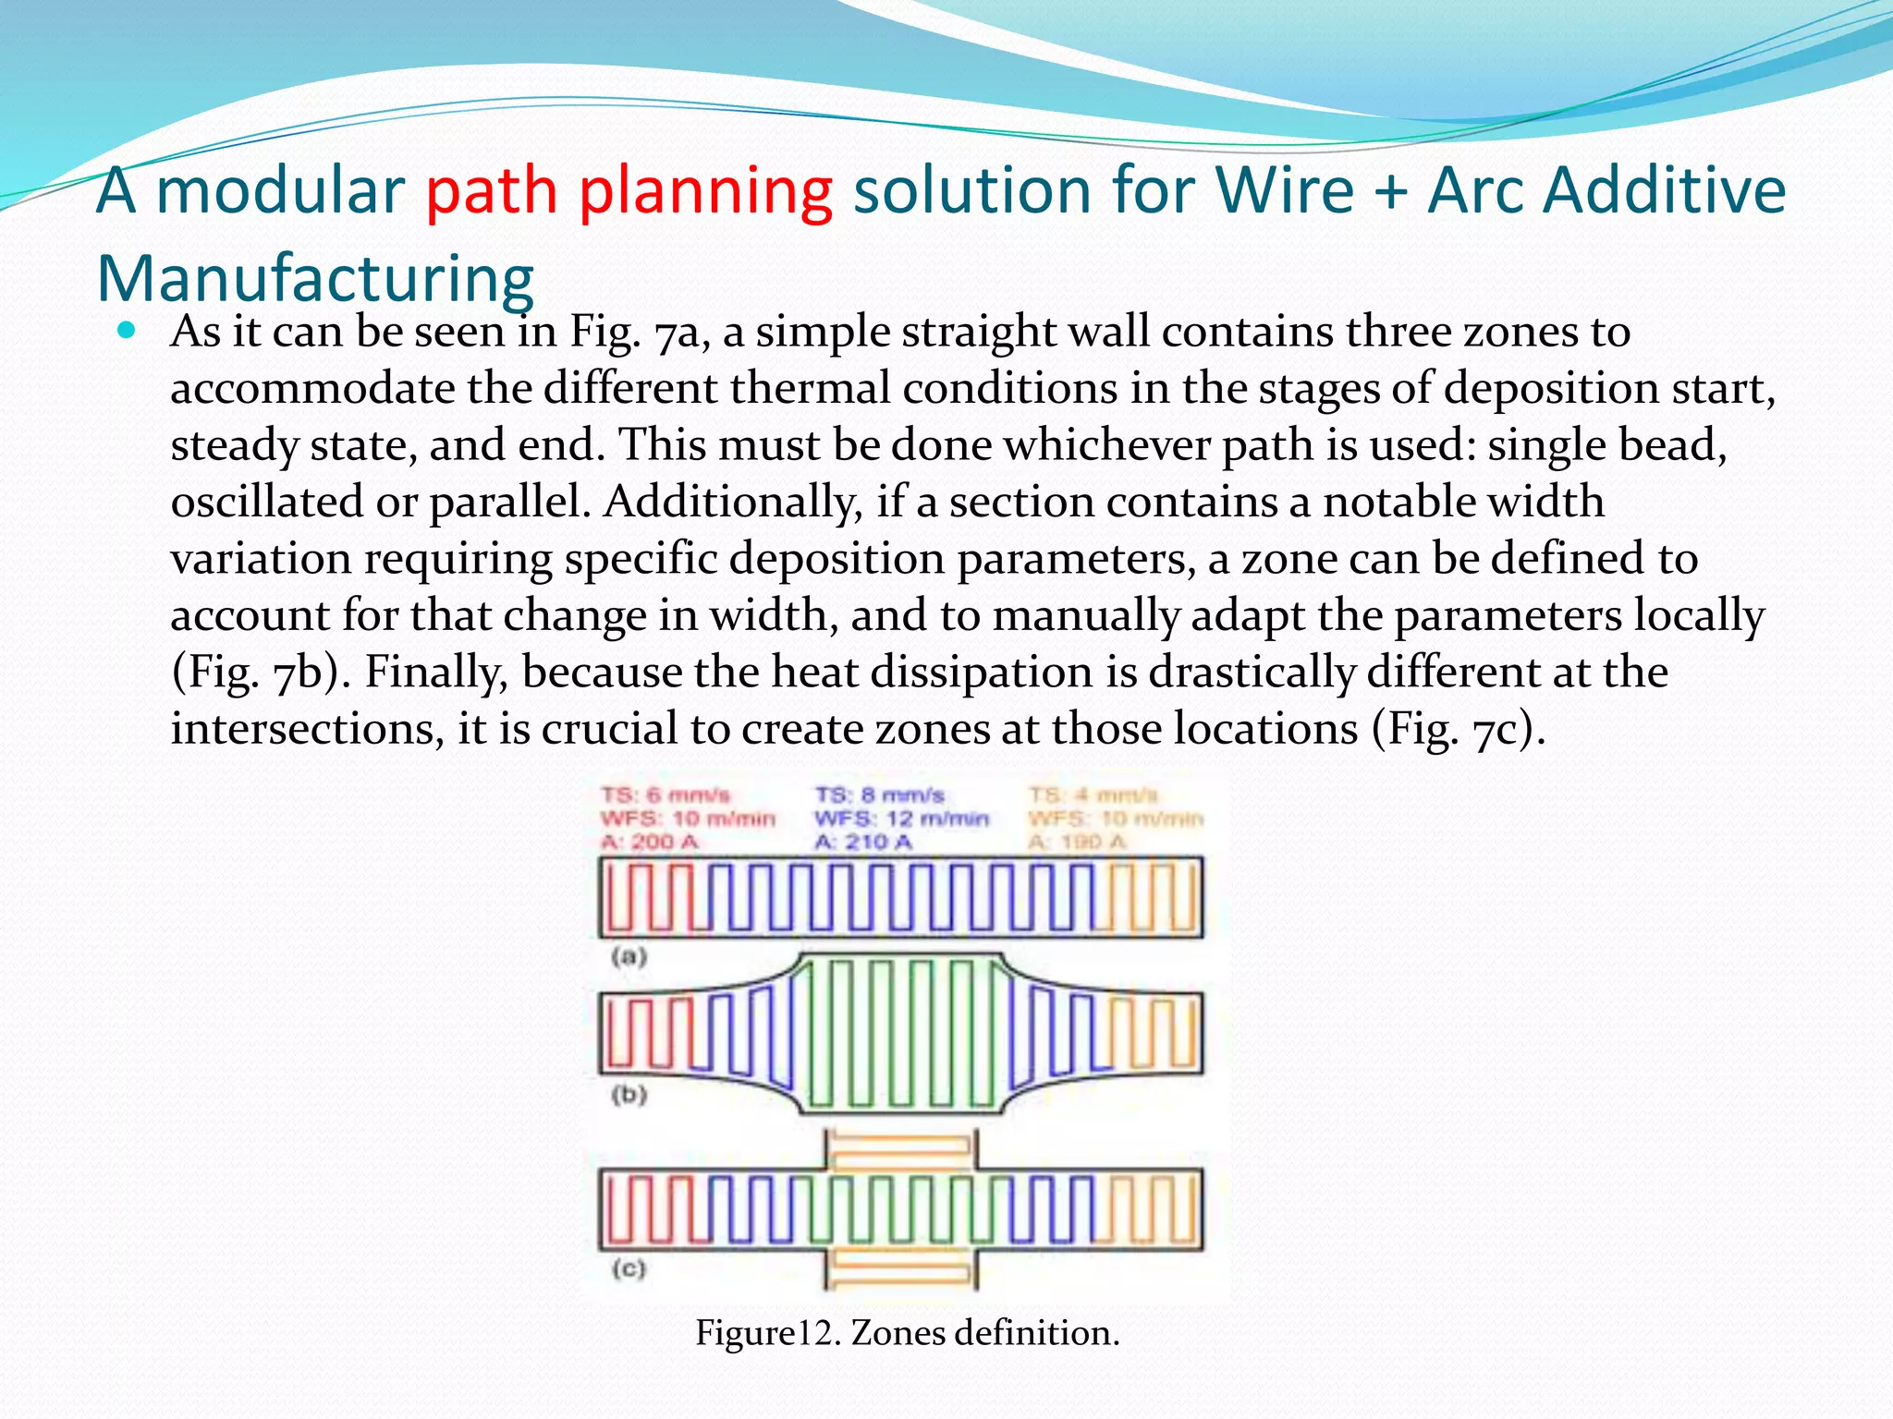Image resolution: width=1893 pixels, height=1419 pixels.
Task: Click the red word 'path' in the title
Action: [x=491, y=192]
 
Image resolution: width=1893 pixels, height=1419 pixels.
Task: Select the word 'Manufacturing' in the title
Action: [x=315, y=278]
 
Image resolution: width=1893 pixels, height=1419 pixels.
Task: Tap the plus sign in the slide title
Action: [x=1390, y=191]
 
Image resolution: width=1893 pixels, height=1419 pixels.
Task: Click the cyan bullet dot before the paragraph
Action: [x=128, y=330]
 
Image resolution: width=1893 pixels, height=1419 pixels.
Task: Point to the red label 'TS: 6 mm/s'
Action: [x=666, y=794]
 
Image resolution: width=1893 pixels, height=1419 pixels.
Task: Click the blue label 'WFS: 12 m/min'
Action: [x=901, y=819]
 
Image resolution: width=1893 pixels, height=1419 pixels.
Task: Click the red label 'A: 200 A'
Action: [x=649, y=842]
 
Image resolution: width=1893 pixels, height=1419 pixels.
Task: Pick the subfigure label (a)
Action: [x=629, y=956]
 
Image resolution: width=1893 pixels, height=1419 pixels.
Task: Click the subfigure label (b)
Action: [x=629, y=1095]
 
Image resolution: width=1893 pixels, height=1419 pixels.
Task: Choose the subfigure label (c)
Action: [x=629, y=1268]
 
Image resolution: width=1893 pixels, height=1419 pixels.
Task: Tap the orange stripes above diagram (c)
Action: [x=899, y=1151]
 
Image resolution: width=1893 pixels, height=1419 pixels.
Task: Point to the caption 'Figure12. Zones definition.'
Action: [x=907, y=1333]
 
